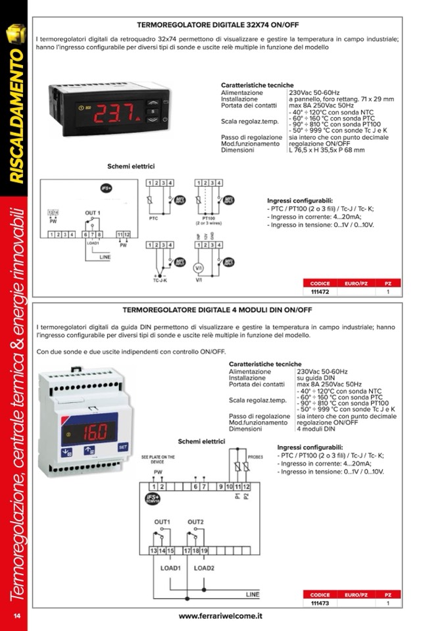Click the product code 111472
click(x=320, y=291)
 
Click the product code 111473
click(x=320, y=603)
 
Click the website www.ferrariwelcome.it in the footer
click(x=220, y=616)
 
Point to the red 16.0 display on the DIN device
click(x=97, y=432)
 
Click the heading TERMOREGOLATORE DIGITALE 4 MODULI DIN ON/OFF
click(x=217, y=309)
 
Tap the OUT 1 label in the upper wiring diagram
click(x=93, y=213)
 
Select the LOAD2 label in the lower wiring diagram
click(x=204, y=567)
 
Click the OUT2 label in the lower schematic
click(x=196, y=522)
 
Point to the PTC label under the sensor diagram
click(x=153, y=216)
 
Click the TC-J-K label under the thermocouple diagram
click(x=153, y=280)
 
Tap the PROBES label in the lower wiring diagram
click(x=256, y=456)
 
